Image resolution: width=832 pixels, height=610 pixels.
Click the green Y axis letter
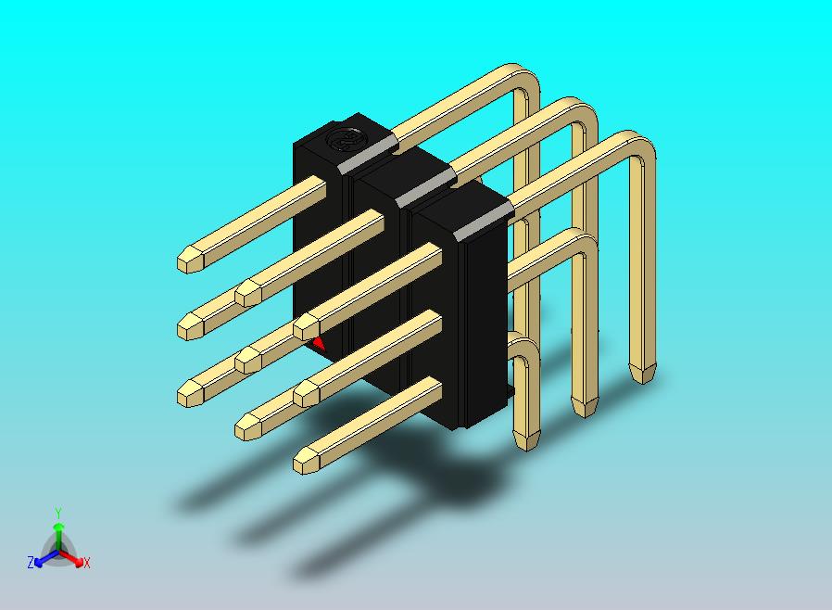coord(58,513)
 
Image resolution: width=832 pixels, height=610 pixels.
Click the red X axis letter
coord(86,563)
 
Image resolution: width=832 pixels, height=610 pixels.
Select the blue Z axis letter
coord(31,562)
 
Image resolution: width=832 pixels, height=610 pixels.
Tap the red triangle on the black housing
coord(319,343)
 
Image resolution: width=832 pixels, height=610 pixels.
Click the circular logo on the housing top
coord(342,139)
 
